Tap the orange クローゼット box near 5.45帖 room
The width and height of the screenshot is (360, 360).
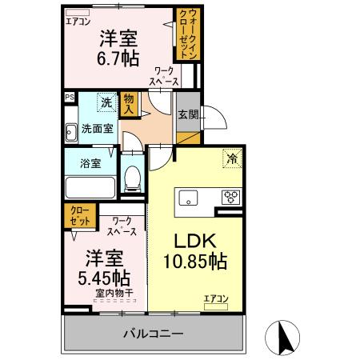coord(78,215)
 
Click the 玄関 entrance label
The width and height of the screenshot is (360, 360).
coord(189,114)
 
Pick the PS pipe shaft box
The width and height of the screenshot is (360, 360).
coord(69,98)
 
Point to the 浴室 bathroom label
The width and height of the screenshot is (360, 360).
coord(90,163)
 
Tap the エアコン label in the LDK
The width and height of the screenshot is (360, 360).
coord(215,298)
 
